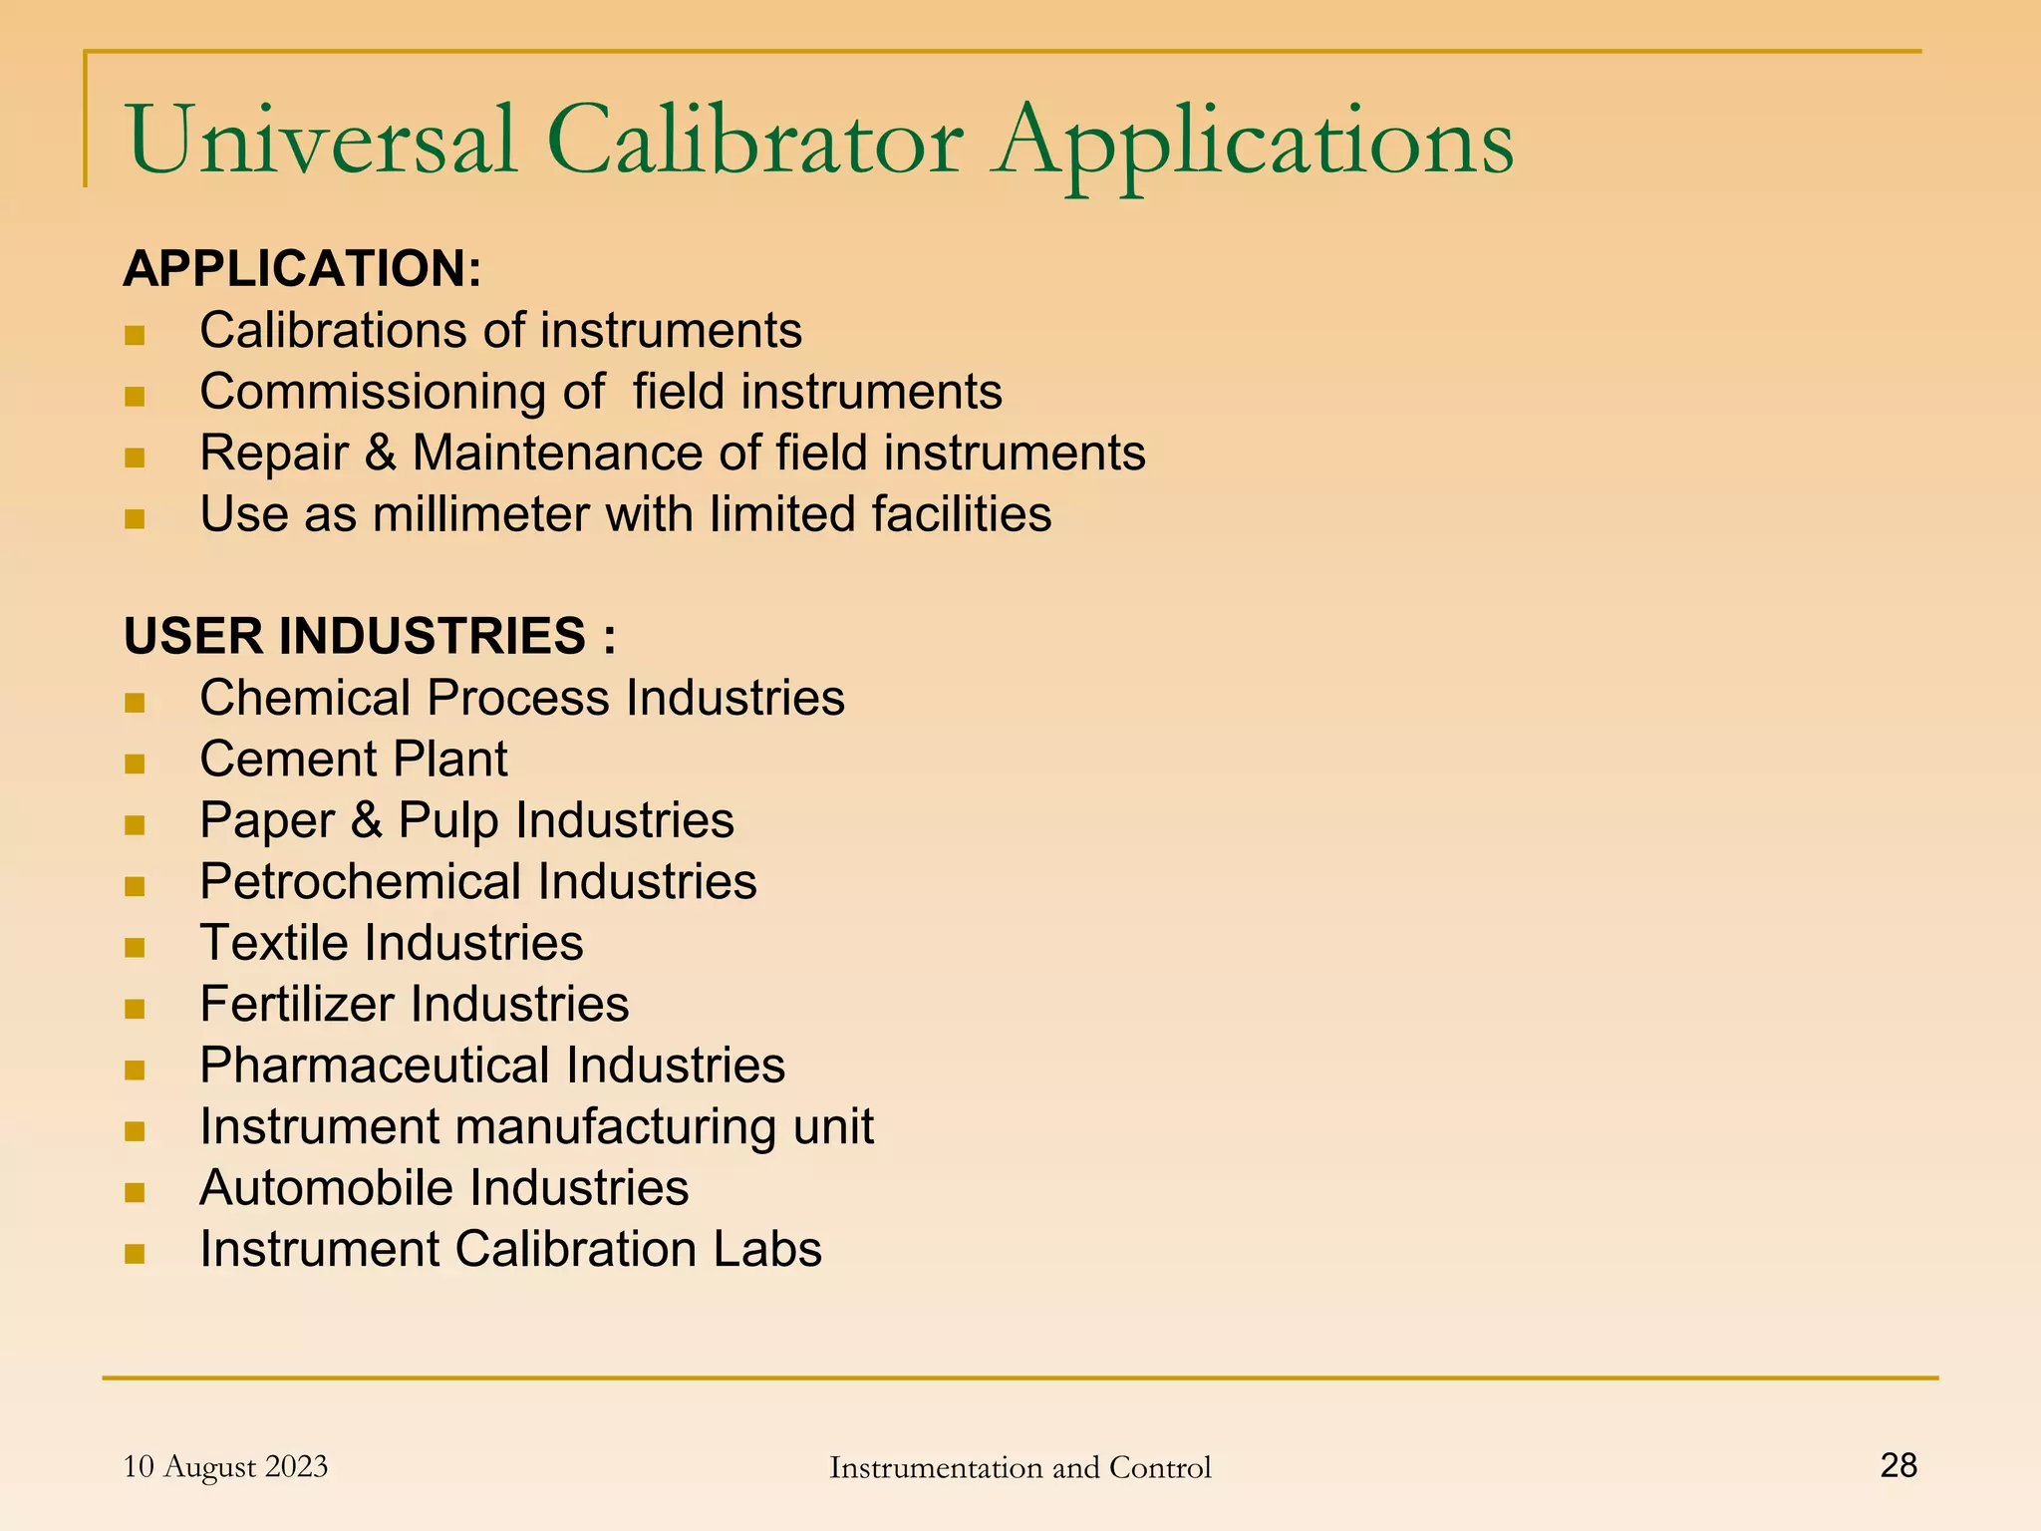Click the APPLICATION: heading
click(x=302, y=269)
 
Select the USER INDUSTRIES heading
click(x=370, y=636)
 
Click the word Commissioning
click(x=373, y=393)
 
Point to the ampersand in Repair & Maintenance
click(x=380, y=454)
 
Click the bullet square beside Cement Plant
click(x=135, y=764)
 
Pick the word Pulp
click(x=448, y=821)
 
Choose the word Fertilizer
click(x=297, y=1005)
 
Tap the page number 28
click(x=1898, y=1465)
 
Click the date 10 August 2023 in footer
click(x=225, y=1467)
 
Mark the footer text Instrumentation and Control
click(x=1020, y=1468)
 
